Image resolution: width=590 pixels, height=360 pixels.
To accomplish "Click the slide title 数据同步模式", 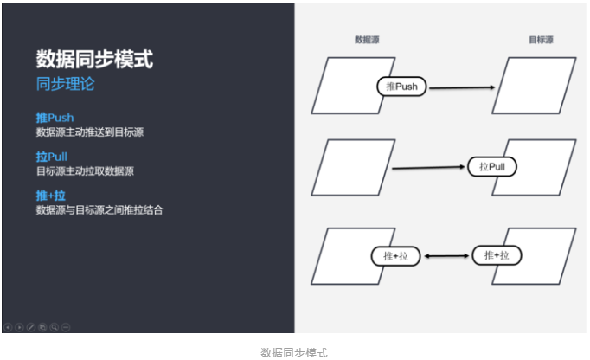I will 94,59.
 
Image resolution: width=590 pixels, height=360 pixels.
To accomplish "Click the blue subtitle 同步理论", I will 65,84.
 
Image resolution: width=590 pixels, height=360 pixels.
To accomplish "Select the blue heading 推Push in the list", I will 55,117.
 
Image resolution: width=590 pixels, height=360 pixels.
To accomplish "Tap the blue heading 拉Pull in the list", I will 51,157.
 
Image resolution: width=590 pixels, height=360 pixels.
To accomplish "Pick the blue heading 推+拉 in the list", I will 51,196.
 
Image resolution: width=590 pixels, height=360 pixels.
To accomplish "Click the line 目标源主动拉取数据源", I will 85,171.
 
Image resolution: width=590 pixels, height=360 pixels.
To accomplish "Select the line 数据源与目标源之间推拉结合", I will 99,210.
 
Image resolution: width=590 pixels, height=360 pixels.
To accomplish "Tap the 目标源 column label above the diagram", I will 542,40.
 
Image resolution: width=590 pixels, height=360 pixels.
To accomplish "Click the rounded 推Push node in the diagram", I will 403,86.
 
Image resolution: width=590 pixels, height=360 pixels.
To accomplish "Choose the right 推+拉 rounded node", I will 497,255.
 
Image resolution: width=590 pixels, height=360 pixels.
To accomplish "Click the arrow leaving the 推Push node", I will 463,87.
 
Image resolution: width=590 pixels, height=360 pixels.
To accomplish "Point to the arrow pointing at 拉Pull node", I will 429,166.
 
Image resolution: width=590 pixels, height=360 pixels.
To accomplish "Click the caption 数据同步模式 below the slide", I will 294,352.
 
